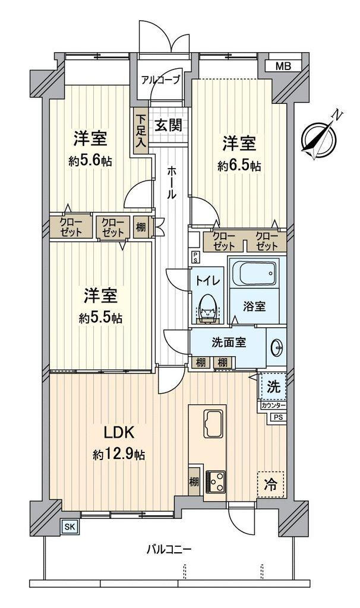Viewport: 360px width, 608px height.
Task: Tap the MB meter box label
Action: pos(283,65)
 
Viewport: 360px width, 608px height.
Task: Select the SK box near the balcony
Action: pos(70,525)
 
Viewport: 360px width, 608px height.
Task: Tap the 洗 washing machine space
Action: pos(273,387)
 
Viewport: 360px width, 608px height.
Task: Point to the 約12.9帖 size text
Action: pos(119,455)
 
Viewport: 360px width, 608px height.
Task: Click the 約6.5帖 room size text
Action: pos(239,167)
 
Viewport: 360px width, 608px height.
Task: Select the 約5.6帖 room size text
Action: pos(90,161)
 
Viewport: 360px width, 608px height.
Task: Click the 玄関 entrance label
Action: pos(168,125)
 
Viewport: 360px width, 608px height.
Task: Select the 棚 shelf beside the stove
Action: pos(194,478)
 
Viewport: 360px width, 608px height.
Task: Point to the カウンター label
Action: pos(273,406)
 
